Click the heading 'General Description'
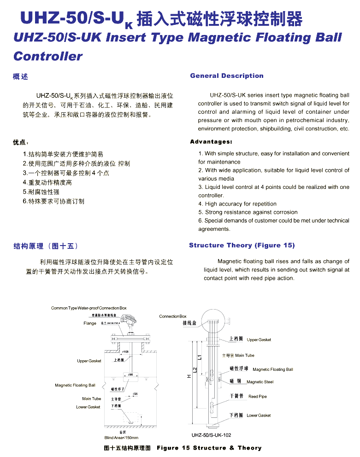(227, 76)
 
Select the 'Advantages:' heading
(211, 142)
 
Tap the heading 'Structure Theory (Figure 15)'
(242, 246)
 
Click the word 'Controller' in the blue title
(48, 57)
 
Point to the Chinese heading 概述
(20, 76)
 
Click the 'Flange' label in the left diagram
(90, 323)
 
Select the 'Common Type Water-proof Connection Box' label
(89, 308)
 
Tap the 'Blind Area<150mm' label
(121, 438)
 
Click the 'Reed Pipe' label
(257, 397)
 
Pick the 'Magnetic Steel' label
(260, 382)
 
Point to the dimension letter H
(189, 376)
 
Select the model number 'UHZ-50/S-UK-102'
(212, 435)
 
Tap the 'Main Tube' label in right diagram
(244, 356)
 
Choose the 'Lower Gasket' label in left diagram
(88, 407)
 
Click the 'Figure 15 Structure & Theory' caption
(209, 448)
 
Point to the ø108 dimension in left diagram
(125, 352)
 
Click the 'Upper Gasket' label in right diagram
(259, 340)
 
